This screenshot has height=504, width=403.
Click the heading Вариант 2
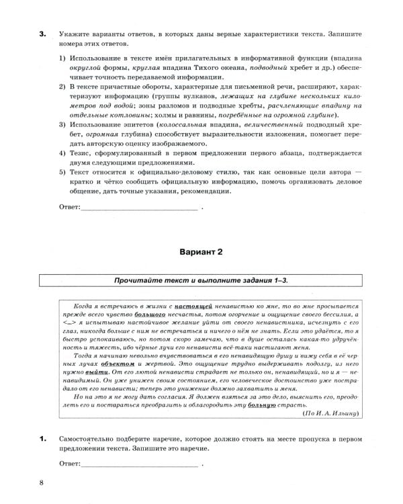201,253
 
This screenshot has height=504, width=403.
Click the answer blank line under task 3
139,209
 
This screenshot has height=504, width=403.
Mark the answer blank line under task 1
139,464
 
